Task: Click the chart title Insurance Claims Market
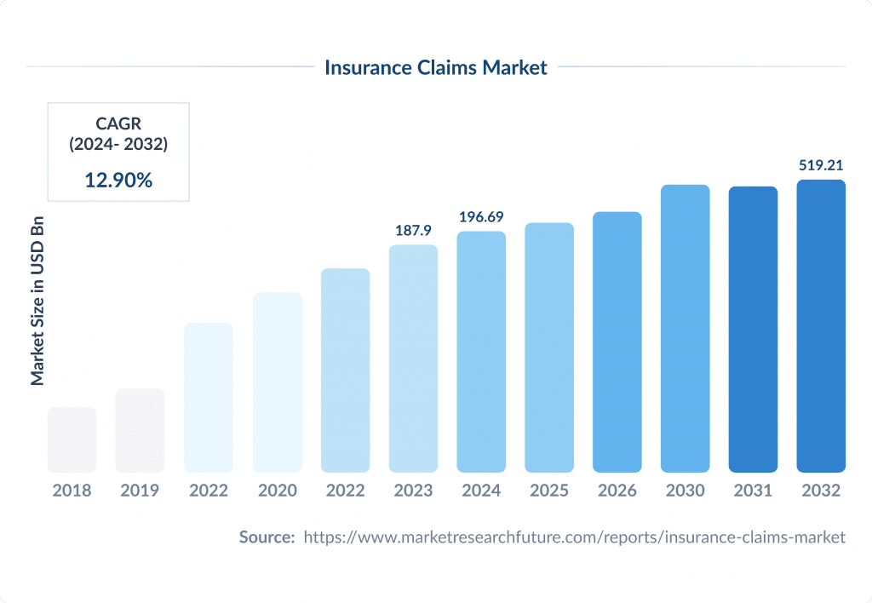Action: pyautogui.click(x=436, y=67)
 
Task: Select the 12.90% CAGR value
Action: pyautogui.click(x=118, y=180)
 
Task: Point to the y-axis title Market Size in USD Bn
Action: pyautogui.click(x=37, y=305)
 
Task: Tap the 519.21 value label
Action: pyautogui.click(x=821, y=165)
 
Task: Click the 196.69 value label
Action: pyautogui.click(x=481, y=217)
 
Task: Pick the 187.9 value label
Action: pyautogui.click(x=413, y=231)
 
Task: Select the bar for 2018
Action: pyautogui.click(x=72, y=439)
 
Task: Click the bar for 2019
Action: pyautogui.click(x=141, y=430)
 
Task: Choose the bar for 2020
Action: pyautogui.click(x=277, y=382)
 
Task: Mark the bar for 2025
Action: pyautogui.click(x=549, y=347)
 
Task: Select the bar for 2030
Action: pyautogui.click(x=686, y=328)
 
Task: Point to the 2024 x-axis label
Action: pyautogui.click(x=481, y=491)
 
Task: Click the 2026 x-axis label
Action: pyautogui.click(x=617, y=491)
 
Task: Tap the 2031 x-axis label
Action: pyautogui.click(x=753, y=491)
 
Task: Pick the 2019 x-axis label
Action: pyautogui.click(x=141, y=491)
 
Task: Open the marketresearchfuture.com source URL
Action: pyautogui.click(x=574, y=537)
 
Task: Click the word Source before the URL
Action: pyautogui.click(x=267, y=537)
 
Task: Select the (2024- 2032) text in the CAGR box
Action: pyautogui.click(x=118, y=145)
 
